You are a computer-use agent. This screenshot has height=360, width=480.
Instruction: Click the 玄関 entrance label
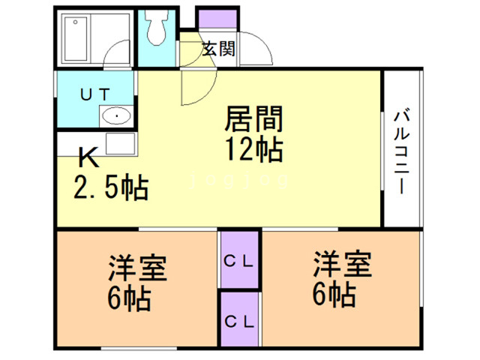pyautogui.click(x=219, y=49)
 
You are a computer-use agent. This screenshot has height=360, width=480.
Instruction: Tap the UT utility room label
pyautogui.click(x=95, y=93)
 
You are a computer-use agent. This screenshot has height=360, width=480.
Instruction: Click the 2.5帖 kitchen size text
pyautogui.click(x=111, y=187)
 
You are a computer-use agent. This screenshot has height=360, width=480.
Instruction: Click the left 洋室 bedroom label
pyautogui.click(x=137, y=268)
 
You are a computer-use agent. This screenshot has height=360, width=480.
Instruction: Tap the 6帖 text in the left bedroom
pyautogui.click(x=128, y=298)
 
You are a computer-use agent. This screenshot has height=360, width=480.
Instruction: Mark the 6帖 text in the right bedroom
pyautogui.click(x=332, y=295)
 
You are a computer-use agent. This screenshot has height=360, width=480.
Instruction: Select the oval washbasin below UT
pyautogui.click(x=117, y=116)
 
